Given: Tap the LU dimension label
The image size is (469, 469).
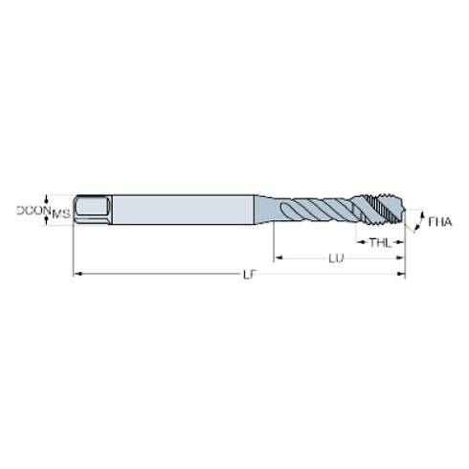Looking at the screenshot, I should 336,257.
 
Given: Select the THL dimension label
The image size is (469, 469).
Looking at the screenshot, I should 380,240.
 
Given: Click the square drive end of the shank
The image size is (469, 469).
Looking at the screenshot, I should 92,210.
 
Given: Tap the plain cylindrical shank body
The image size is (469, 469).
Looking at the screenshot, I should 182,210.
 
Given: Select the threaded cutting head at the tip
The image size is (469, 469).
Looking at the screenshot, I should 387,210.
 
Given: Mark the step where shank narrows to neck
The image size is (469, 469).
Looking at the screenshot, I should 256,210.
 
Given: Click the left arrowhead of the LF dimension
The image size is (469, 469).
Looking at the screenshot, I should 78,276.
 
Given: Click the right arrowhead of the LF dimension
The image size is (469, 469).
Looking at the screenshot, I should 402,276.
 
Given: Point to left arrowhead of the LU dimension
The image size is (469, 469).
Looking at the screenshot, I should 279,257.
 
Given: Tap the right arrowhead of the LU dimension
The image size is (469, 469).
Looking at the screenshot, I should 402,257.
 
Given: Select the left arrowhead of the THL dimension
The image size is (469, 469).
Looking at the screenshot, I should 359,240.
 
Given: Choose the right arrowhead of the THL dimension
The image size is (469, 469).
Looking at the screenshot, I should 402,240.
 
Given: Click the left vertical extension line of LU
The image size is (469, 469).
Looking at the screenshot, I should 275,244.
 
